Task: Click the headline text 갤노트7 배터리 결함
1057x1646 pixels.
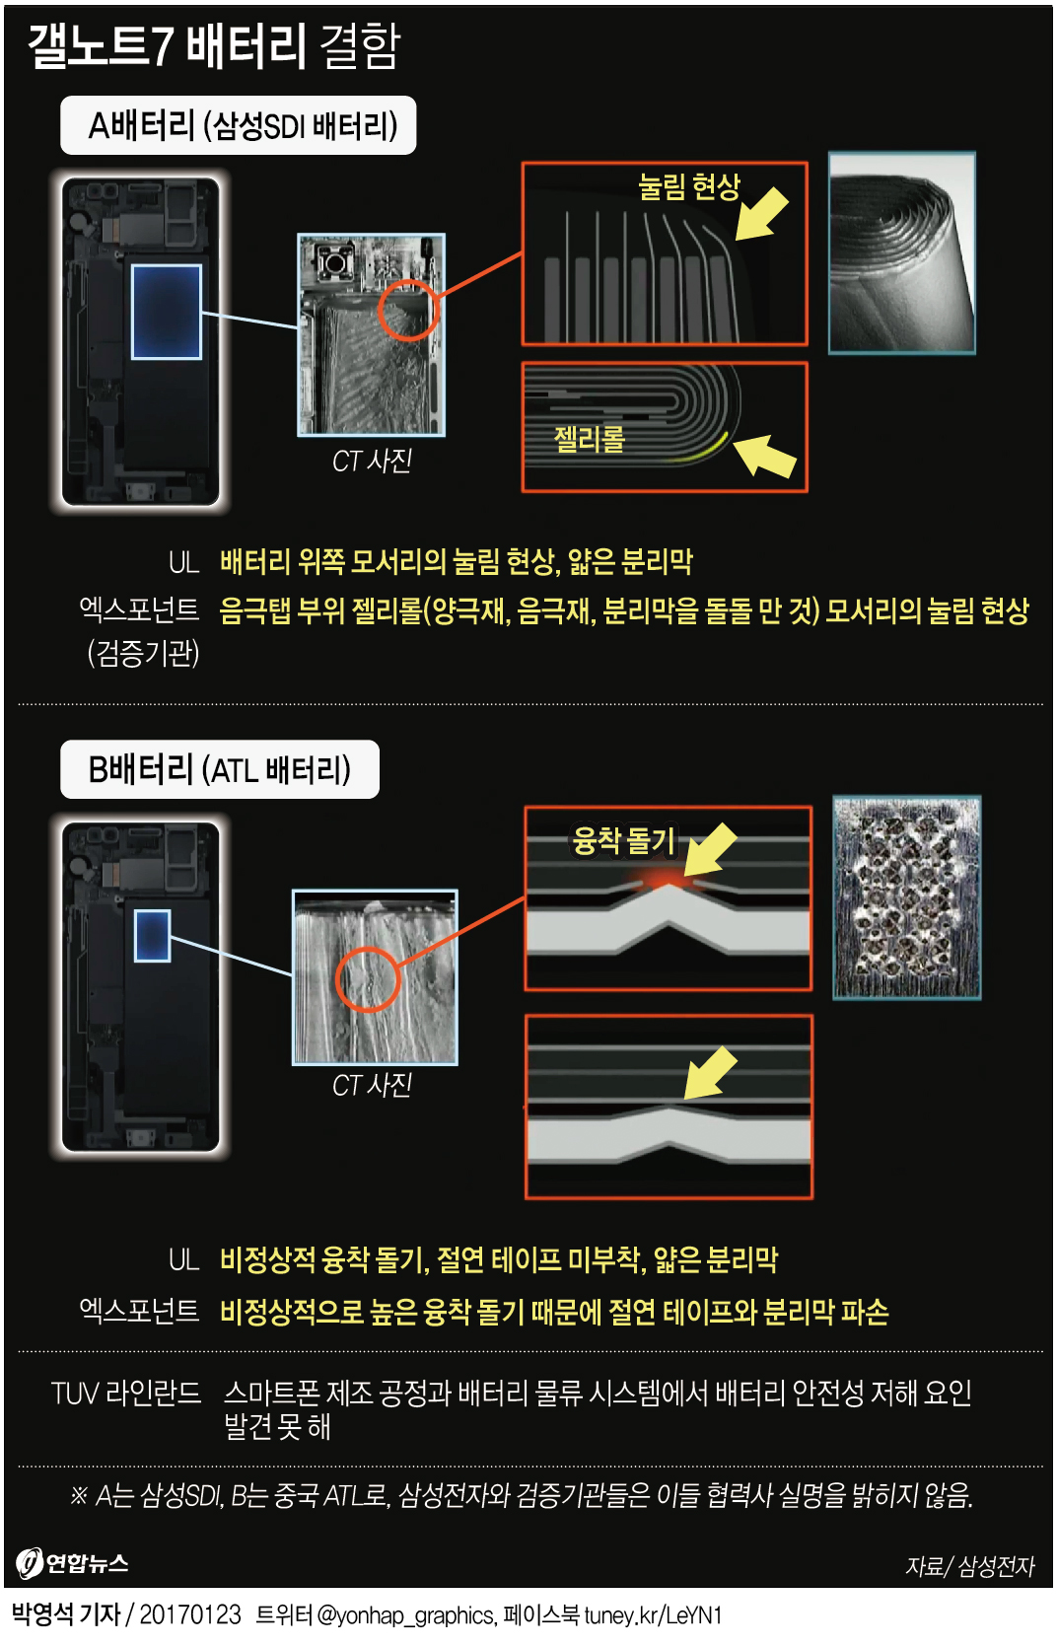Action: click(x=214, y=45)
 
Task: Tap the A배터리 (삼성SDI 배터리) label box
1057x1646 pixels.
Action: click(x=239, y=125)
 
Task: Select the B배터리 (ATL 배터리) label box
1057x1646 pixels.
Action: click(x=219, y=769)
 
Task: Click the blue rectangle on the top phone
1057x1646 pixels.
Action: click(x=167, y=312)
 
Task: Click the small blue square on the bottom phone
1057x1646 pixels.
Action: click(x=152, y=935)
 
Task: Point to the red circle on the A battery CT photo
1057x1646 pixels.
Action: click(x=407, y=310)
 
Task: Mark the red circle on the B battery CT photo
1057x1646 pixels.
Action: click(x=367, y=979)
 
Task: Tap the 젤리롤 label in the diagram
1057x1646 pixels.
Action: click(x=590, y=439)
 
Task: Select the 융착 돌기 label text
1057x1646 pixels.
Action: click(x=623, y=840)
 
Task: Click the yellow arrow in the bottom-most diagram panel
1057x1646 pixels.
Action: click(x=710, y=1073)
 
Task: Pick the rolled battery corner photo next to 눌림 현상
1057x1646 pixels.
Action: click(x=901, y=253)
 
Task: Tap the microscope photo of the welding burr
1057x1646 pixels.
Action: click(x=906, y=897)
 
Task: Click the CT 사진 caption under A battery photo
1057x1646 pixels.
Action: click(x=372, y=461)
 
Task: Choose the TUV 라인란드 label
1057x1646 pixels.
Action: click(x=126, y=1393)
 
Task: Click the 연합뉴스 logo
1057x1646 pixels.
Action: click(x=73, y=1563)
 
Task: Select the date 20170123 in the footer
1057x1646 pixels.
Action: click(x=190, y=1614)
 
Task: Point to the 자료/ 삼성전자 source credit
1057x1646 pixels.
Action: click(x=969, y=1566)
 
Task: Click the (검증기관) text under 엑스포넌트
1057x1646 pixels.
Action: click(x=144, y=652)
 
